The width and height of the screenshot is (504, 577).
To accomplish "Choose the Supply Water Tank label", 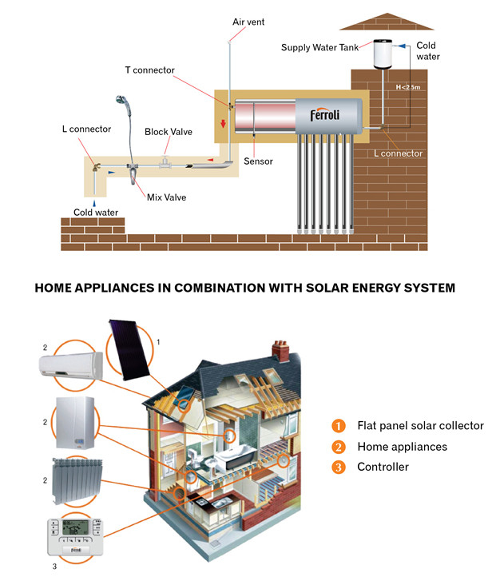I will (319, 48).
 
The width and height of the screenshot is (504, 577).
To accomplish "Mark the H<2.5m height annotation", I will (409, 86).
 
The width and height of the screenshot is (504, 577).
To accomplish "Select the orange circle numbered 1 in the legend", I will (339, 425).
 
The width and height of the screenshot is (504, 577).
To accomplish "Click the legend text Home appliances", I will (402, 447).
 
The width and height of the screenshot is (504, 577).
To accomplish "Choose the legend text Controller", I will (383, 467).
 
